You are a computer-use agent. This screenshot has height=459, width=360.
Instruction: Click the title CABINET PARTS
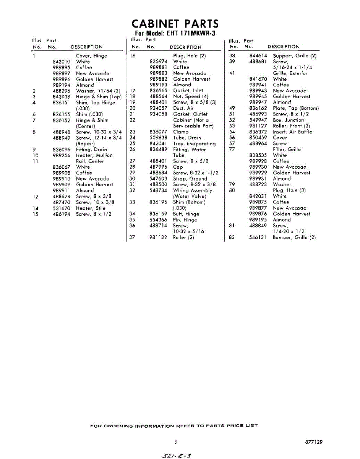point(175,24)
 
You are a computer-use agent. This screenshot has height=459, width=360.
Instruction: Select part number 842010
point(61,62)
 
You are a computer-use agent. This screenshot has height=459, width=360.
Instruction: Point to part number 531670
point(61,208)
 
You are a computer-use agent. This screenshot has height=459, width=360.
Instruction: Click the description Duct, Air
point(183,108)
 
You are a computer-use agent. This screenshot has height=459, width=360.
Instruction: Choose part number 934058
point(158,114)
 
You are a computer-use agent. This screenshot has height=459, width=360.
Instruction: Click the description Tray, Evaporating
point(194,143)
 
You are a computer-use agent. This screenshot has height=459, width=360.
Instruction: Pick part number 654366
point(158,220)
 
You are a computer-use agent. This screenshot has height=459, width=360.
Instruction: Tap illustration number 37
point(133,238)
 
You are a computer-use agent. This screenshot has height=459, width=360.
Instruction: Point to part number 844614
point(258,56)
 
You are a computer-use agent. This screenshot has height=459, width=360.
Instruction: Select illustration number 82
point(232,238)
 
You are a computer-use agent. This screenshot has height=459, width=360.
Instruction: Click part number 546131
point(258,238)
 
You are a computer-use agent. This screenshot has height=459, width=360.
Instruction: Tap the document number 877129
point(314,442)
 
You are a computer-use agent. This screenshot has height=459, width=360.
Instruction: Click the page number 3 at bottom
point(176,443)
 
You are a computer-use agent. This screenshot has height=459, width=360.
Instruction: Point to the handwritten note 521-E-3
point(177,456)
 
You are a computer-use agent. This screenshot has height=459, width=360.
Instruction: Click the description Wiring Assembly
point(192,190)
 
